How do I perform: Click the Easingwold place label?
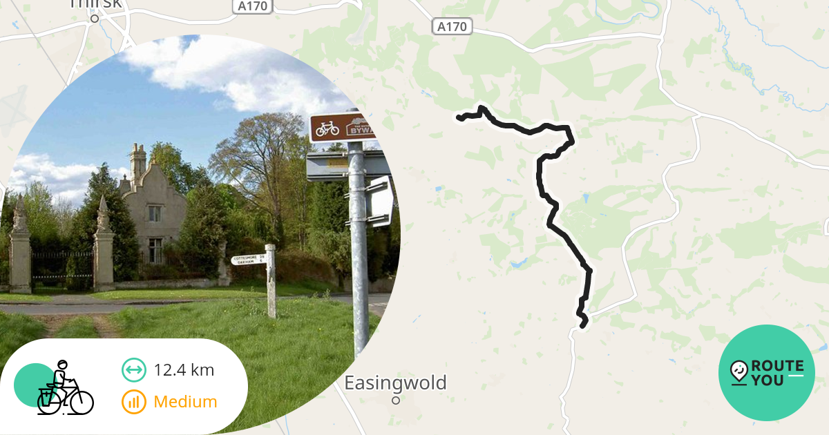tap(396, 383)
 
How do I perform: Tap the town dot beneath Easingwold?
tap(396, 400)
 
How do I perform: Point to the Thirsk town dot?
tap(95, 19)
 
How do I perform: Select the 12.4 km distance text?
tap(184, 370)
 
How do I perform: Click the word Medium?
tap(185, 402)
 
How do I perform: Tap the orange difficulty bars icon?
tap(133, 402)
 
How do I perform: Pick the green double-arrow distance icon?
tap(133, 370)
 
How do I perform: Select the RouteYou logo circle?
tap(767, 373)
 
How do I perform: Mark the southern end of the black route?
tap(584, 324)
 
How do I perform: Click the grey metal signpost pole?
tap(357, 262)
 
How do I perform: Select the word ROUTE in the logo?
tap(777, 366)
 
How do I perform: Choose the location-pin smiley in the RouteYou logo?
tap(739, 372)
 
